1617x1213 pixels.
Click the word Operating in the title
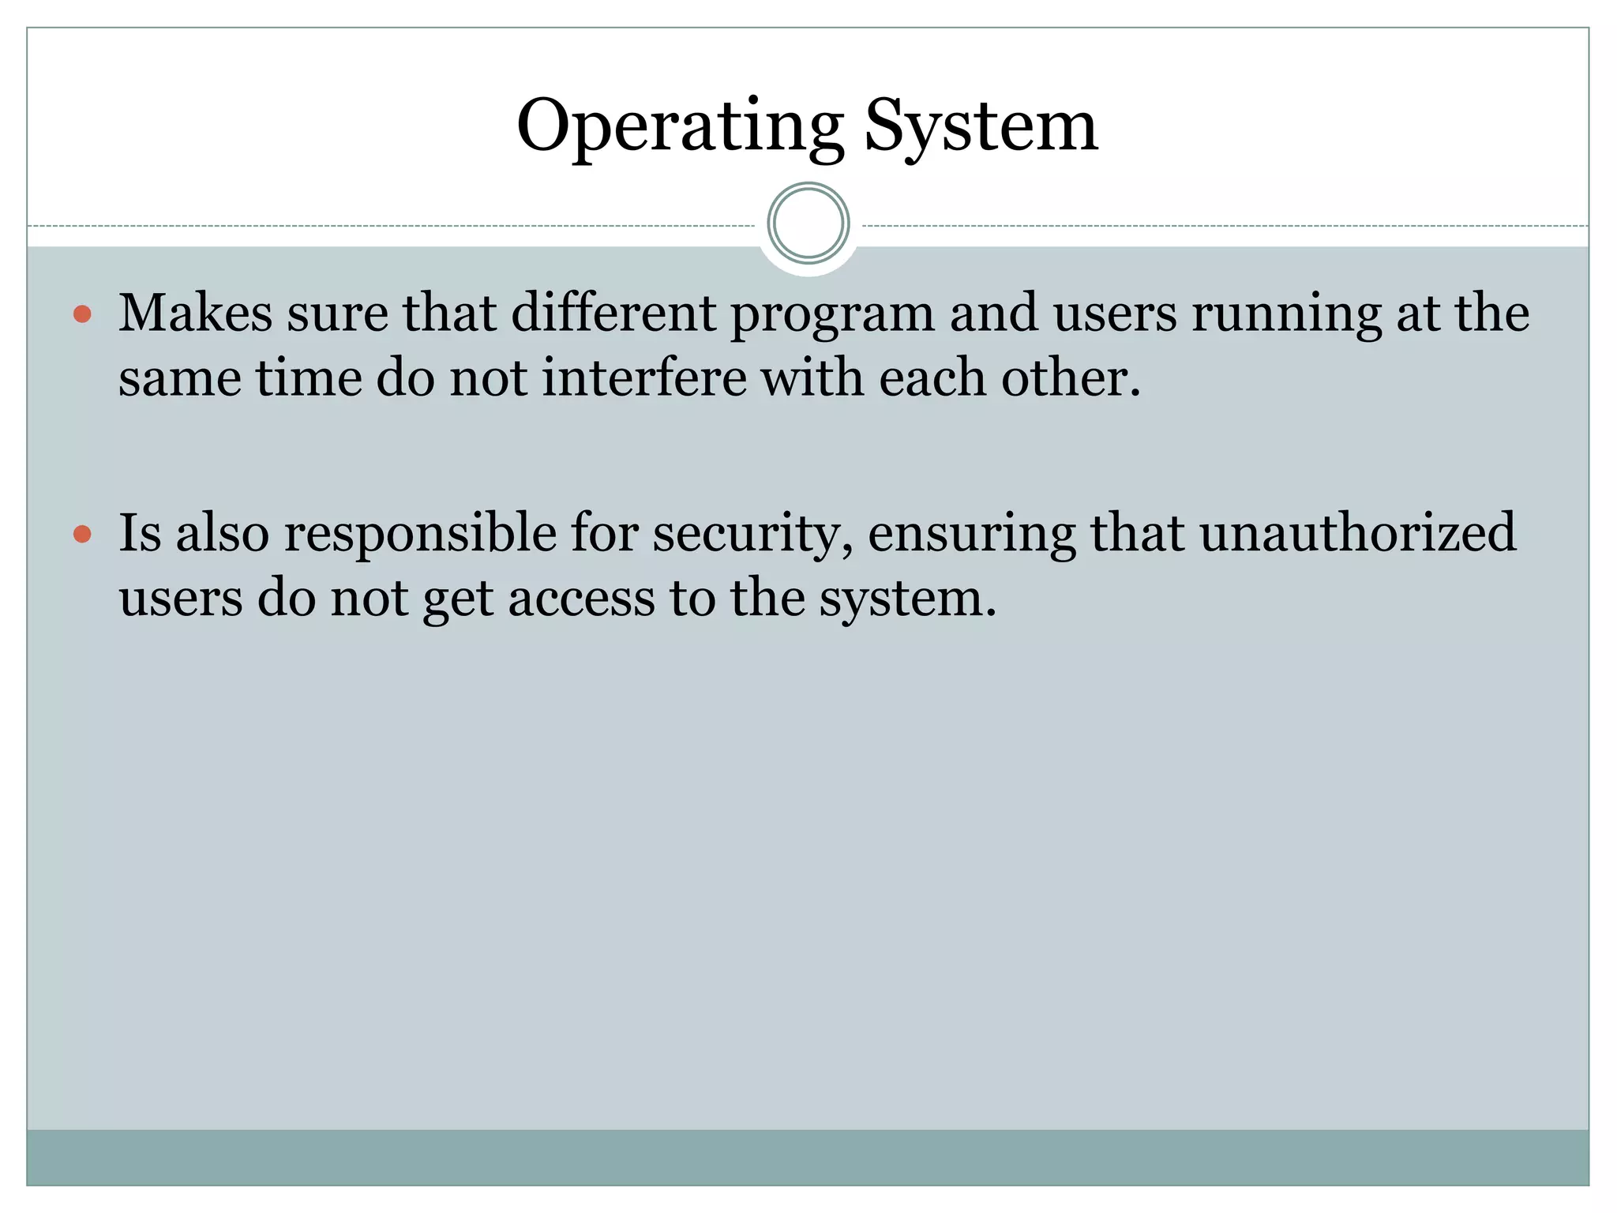[680, 126]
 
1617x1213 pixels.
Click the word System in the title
[981, 126]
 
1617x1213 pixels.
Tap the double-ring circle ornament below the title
[808, 223]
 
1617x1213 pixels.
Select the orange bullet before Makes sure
[82, 315]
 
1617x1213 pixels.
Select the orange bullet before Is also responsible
[82, 535]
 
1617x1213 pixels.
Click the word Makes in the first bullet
[195, 313]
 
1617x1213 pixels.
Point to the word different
[613, 313]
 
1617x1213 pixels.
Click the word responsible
[420, 534]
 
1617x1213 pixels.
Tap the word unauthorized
[1358, 532]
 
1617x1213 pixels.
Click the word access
[581, 599]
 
